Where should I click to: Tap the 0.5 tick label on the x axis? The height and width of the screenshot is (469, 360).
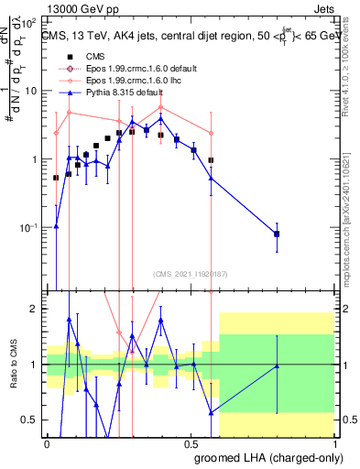click(x=190, y=442)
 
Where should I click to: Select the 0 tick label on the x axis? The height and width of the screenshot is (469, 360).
click(x=47, y=442)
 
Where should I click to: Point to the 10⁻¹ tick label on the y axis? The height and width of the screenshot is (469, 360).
click(x=29, y=227)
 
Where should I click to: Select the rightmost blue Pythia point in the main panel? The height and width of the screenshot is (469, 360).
click(x=277, y=234)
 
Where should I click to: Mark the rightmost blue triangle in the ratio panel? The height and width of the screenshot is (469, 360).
click(x=277, y=366)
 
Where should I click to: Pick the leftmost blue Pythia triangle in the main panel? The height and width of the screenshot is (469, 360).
click(x=56, y=226)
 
